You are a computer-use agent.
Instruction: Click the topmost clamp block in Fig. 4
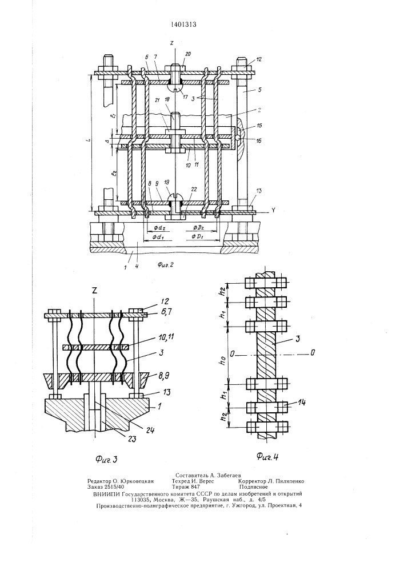[x=265, y=283]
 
